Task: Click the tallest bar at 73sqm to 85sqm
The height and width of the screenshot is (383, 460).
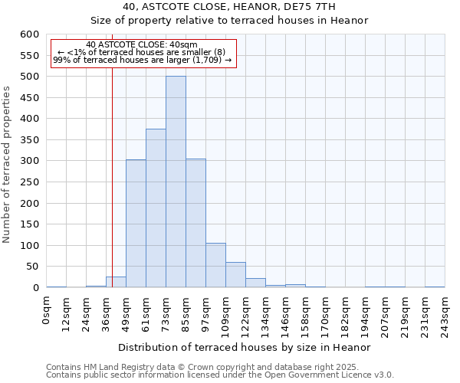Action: pyautogui.click(x=176, y=182)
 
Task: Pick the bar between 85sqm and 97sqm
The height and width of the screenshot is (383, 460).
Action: pyautogui.click(x=195, y=223)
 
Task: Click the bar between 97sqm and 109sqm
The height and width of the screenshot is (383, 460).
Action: pyautogui.click(x=215, y=265)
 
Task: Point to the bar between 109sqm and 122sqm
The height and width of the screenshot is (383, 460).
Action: pyautogui.click(x=235, y=275)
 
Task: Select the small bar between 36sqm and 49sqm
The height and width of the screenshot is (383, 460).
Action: pyautogui.click(x=116, y=282)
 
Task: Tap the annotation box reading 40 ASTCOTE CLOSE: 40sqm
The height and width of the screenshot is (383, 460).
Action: pyautogui.click(x=142, y=52)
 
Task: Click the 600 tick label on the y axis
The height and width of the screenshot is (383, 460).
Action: pyautogui.click(x=29, y=34)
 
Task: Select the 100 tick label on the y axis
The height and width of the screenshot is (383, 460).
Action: pyautogui.click(x=29, y=246)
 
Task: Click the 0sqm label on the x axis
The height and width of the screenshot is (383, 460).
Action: pyautogui.click(x=47, y=310)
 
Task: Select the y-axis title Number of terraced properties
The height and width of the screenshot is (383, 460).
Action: pyautogui.click(x=7, y=165)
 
